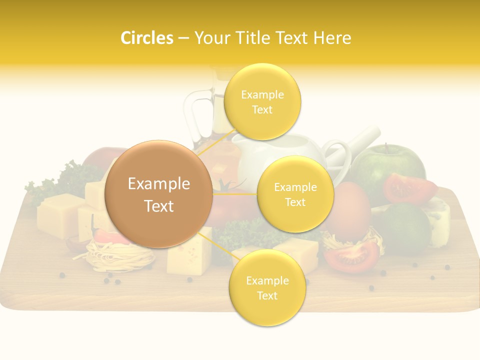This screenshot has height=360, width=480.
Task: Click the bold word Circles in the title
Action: coord(146,38)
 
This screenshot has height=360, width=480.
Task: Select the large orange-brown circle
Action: coord(159,194)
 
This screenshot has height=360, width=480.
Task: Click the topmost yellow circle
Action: coord(262,101)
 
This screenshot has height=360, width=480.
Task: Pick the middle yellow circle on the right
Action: coord(295,194)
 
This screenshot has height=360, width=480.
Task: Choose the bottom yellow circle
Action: coord(267,288)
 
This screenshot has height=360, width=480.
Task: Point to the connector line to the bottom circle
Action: coord(218,245)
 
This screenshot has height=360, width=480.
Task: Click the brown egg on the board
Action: coord(350,210)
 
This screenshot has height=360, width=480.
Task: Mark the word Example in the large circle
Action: coord(159,184)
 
